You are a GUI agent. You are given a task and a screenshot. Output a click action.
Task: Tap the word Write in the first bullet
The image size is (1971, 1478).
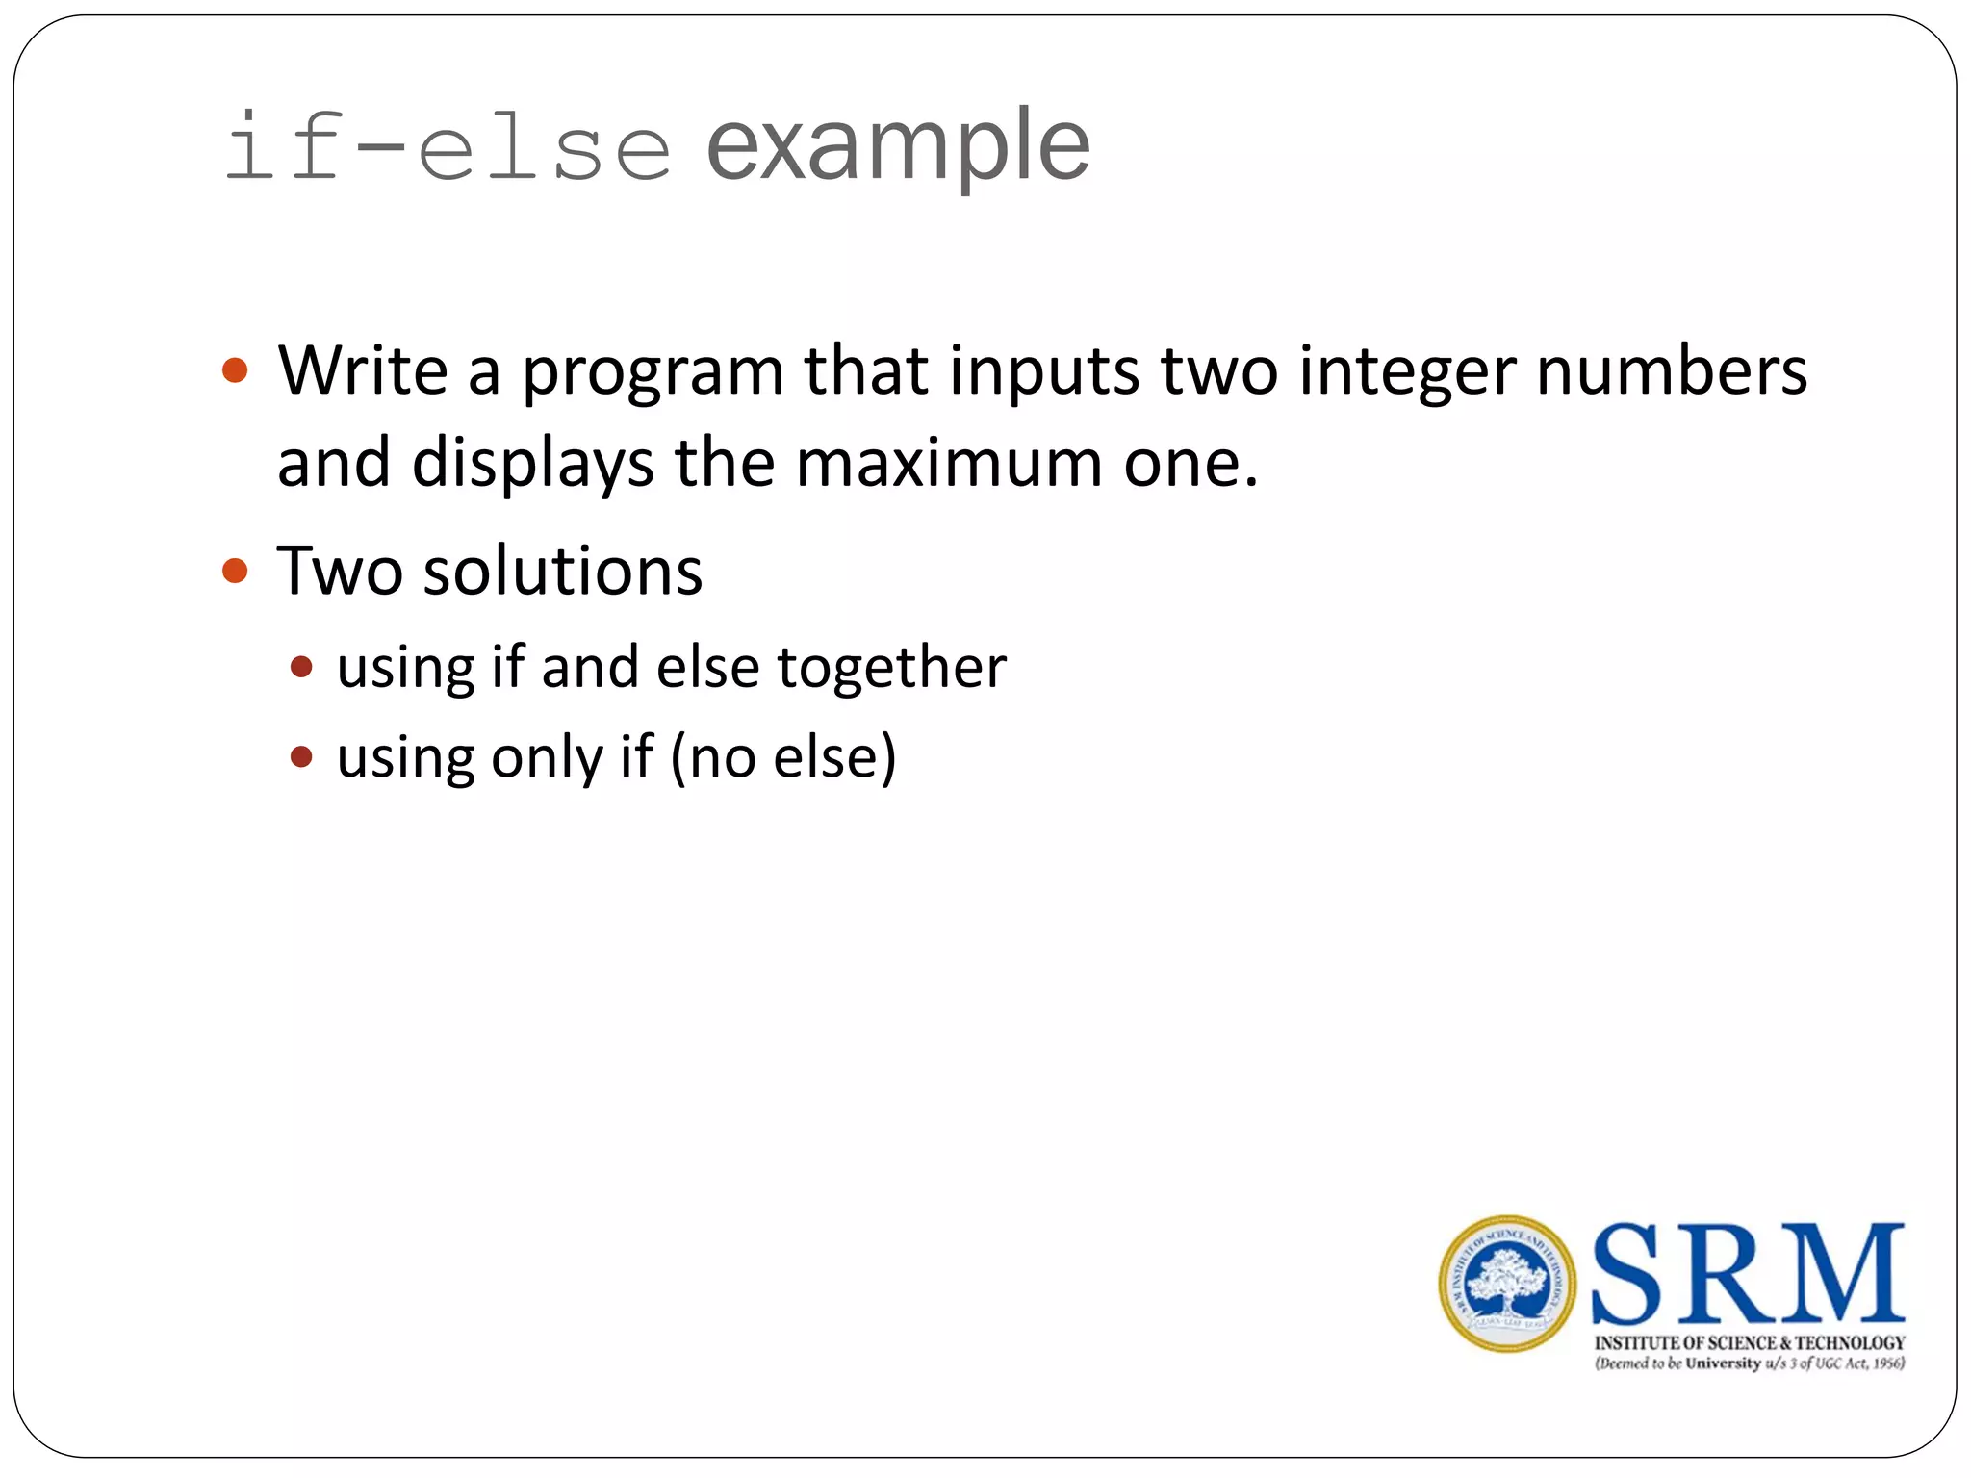(x=363, y=370)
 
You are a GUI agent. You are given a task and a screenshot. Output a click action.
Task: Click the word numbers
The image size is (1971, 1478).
(x=1672, y=370)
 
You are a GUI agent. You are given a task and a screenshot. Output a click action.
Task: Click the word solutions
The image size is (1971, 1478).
(x=563, y=572)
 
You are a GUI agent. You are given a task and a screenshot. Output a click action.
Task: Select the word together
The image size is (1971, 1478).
(x=891, y=669)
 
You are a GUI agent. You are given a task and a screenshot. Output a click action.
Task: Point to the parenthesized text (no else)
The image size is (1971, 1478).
(x=783, y=757)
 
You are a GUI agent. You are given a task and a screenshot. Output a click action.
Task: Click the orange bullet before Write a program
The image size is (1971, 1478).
(x=235, y=370)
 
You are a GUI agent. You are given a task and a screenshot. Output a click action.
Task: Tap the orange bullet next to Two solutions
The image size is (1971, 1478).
(x=235, y=572)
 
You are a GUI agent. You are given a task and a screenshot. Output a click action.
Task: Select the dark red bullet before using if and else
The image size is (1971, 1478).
(x=301, y=667)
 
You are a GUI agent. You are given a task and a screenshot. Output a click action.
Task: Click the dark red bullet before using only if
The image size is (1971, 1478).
(x=301, y=757)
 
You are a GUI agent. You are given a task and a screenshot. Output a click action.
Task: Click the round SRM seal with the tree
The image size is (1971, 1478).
(x=1507, y=1284)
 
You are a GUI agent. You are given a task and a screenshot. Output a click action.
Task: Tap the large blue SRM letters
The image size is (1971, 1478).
(x=1748, y=1274)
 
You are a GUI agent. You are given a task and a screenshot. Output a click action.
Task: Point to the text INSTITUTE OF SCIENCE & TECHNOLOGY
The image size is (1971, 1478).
(x=1750, y=1342)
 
